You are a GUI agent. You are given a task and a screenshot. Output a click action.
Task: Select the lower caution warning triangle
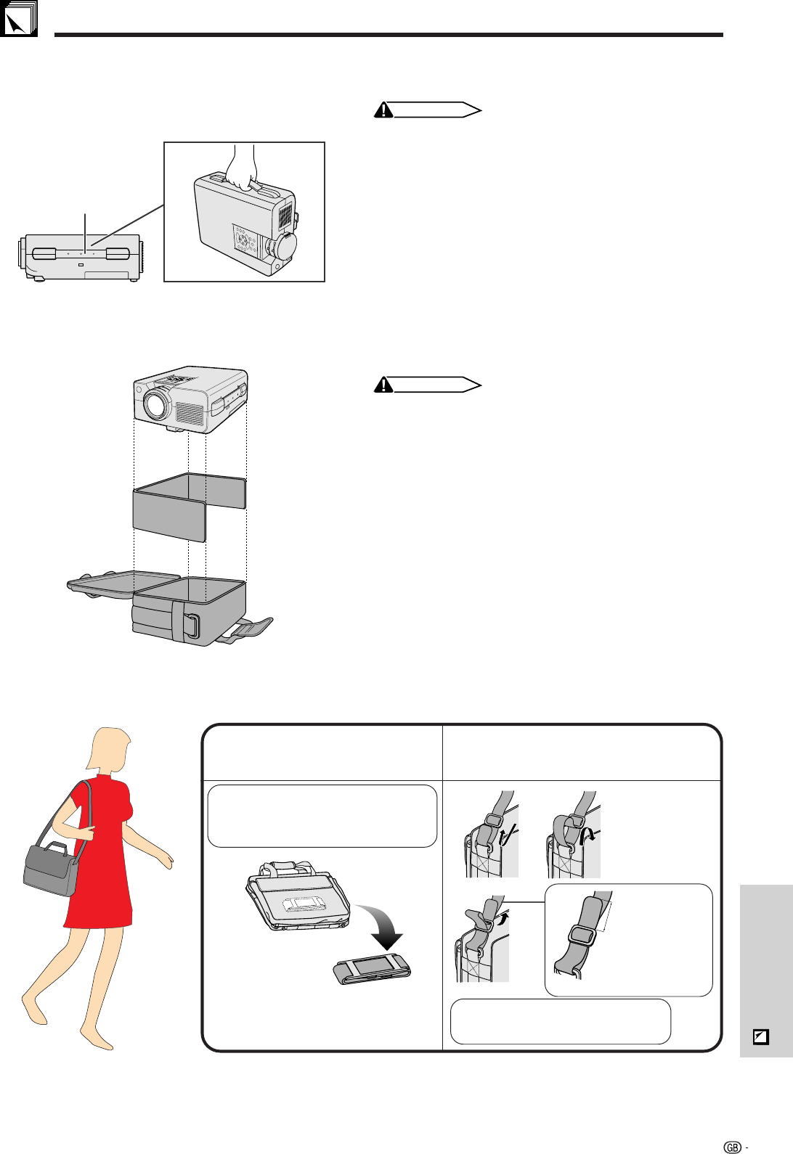coord(383,385)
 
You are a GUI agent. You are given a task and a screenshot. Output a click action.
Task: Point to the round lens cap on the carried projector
coord(285,246)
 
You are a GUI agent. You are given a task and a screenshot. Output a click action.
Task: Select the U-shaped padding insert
coord(190,507)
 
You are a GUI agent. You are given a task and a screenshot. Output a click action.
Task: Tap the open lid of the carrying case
coord(123,585)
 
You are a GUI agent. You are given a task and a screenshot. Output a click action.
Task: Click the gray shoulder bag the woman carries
coord(52,869)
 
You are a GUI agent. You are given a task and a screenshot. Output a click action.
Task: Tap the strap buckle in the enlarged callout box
coord(582,935)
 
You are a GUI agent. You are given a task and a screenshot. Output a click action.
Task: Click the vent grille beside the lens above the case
coord(190,414)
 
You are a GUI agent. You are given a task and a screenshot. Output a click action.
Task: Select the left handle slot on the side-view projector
coord(44,254)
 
